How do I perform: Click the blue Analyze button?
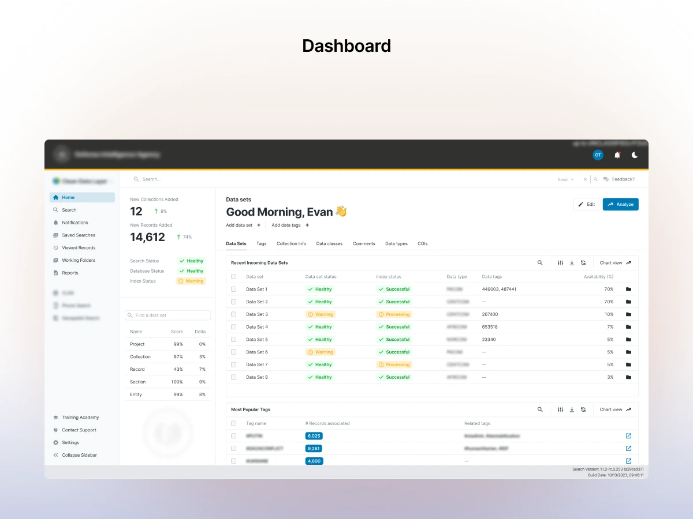click(620, 204)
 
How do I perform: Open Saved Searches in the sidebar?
click(78, 235)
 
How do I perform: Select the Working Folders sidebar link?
click(78, 261)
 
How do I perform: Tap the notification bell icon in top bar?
click(617, 155)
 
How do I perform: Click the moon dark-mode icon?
click(635, 155)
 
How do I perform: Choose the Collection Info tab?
click(291, 244)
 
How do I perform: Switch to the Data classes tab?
click(329, 244)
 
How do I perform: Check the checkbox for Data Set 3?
click(234, 314)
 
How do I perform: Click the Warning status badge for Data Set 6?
click(321, 352)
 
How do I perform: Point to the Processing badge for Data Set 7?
click(394, 364)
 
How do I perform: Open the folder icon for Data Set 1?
click(628, 289)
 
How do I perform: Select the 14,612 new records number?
click(147, 237)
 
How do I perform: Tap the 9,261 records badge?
click(314, 448)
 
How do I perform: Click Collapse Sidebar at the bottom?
click(79, 455)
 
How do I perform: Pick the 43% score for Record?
click(178, 370)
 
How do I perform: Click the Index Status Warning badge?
click(191, 281)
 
